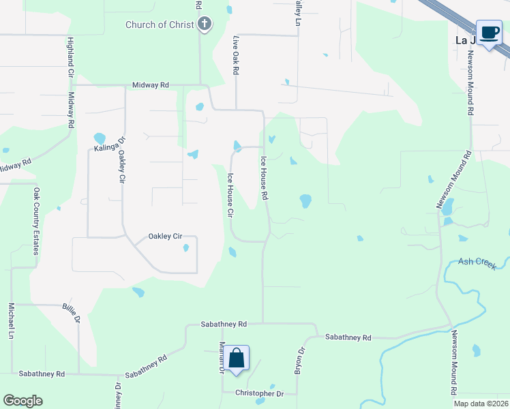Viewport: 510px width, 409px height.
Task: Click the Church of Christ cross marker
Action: click(204, 25)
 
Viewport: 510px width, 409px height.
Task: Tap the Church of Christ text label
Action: click(160, 25)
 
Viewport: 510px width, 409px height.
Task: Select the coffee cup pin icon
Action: click(488, 33)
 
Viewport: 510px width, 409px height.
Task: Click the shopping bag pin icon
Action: click(236, 359)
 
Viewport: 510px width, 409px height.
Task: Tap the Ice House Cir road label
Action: click(230, 195)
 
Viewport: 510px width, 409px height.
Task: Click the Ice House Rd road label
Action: click(264, 178)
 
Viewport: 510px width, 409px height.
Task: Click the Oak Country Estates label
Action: click(36, 221)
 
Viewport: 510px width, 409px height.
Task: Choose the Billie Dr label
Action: click(72, 314)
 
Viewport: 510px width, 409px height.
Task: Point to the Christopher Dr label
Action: click(259, 393)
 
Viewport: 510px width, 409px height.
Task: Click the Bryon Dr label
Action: click(299, 360)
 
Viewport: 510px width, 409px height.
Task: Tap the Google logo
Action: click(23, 400)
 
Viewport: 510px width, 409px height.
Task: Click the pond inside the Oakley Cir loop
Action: click(185, 248)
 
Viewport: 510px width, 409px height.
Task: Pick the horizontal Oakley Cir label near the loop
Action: click(165, 237)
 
